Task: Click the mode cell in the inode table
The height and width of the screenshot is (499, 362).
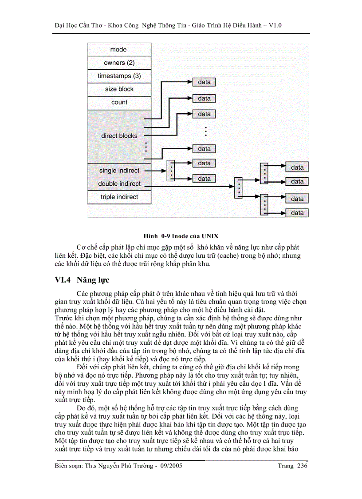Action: (119, 50)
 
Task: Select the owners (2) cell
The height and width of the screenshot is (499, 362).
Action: (119, 63)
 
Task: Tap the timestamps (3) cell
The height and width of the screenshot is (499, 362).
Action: (119, 76)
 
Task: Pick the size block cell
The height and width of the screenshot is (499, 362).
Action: (119, 89)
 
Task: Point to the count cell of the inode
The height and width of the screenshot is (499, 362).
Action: (119, 102)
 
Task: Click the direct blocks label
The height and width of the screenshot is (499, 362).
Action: (119, 136)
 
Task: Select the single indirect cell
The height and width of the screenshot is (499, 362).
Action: (119, 171)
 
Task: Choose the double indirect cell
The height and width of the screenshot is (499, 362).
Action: (119, 184)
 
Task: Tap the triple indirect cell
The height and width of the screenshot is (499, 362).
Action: (119, 197)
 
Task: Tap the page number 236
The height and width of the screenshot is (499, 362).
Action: (302, 466)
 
